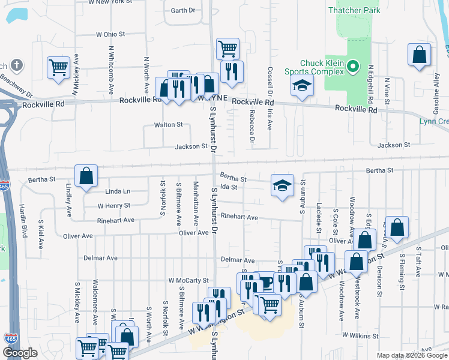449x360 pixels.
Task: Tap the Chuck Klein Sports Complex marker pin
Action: [354, 65]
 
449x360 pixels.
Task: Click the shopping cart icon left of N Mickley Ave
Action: [58, 67]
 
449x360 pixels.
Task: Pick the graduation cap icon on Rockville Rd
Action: [303, 85]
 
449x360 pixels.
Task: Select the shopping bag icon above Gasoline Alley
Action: [419, 55]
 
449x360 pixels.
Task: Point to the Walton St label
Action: [168, 125]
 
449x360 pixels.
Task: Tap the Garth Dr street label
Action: [183, 10]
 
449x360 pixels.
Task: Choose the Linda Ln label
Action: [118, 191]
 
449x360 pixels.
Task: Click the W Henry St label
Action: [114, 205]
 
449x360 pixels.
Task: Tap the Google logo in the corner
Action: [20, 353]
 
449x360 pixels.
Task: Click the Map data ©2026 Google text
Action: [411, 355]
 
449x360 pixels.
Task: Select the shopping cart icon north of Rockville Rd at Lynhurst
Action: [228, 49]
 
